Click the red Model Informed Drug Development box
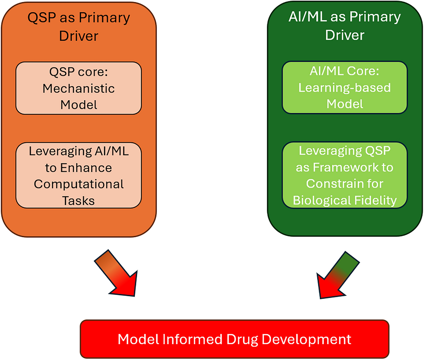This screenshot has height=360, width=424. click(234, 339)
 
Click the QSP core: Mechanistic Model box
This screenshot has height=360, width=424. click(78, 88)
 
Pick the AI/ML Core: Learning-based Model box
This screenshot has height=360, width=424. click(345, 87)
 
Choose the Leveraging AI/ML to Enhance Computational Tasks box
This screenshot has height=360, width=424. click(78, 175)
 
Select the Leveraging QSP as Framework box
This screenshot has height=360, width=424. click(345, 175)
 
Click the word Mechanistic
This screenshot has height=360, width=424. click(78, 89)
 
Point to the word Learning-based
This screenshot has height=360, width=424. click(345, 88)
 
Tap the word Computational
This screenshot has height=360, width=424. click(79, 184)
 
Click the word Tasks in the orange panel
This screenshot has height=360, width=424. click(78, 200)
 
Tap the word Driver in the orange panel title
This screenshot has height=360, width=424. click(78, 36)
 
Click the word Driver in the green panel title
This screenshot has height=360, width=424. click(345, 35)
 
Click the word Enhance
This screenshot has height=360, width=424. click(86, 168)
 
